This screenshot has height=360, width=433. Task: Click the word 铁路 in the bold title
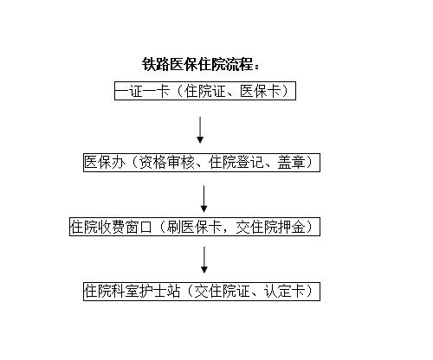pyautogui.click(x=156, y=64)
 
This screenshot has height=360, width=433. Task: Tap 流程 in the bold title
pyautogui.click(x=239, y=64)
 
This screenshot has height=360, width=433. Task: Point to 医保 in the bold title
pyautogui.click(x=184, y=64)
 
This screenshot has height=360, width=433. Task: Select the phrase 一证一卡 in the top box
pyautogui.click(x=142, y=91)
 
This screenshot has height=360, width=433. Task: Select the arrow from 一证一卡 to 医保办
pyautogui.click(x=200, y=130)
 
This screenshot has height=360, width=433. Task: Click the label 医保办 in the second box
pyautogui.click(x=105, y=162)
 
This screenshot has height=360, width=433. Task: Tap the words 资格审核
pyautogui.click(x=167, y=162)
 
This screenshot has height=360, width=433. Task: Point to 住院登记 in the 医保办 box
pyautogui.click(x=236, y=162)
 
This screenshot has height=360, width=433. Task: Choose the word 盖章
pyautogui.click(x=291, y=162)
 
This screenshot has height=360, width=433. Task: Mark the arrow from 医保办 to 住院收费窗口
pyautogui.click(x=204, y=199)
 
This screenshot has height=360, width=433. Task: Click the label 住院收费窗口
pyautogui.click(x=111, y=227)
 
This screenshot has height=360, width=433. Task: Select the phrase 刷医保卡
pyautogui.click(x=194, y=227)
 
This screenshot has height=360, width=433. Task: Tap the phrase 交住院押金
pyautogui.click(x=270, y=227)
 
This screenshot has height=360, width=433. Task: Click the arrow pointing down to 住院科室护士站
pyautogui.click(x=204, y=260)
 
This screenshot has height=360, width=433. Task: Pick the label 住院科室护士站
pyautogui.click(x=132, y=291)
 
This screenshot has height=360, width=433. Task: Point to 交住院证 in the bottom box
pyautogui.click(x=222, y=291)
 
